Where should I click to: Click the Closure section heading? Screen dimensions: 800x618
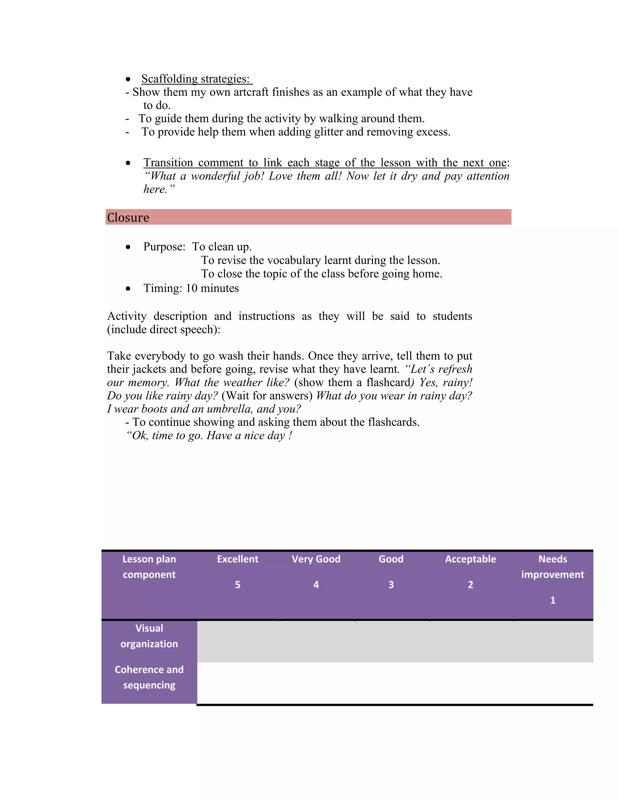pos(128,218)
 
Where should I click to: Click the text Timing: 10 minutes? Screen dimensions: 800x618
pos(191,288)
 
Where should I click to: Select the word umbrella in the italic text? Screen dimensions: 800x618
pos(230,409)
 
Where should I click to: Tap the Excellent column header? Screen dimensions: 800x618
pos(237,559)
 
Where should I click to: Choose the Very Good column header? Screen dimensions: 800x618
pos(316,559)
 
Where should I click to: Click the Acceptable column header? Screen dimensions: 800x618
pos(470,559)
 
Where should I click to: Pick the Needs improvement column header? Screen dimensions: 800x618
pos(553,567)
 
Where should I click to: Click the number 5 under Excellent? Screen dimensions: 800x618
pos(237,585)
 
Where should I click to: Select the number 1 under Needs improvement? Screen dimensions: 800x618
pos(553,600)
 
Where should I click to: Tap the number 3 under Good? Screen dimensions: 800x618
pos(391,585)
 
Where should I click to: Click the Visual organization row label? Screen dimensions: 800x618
pos(149,636)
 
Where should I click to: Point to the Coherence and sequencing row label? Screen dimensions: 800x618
pos(149,677)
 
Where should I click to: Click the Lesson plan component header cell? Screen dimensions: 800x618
pos(149,567)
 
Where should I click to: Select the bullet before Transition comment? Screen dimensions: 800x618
pos(128,163)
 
